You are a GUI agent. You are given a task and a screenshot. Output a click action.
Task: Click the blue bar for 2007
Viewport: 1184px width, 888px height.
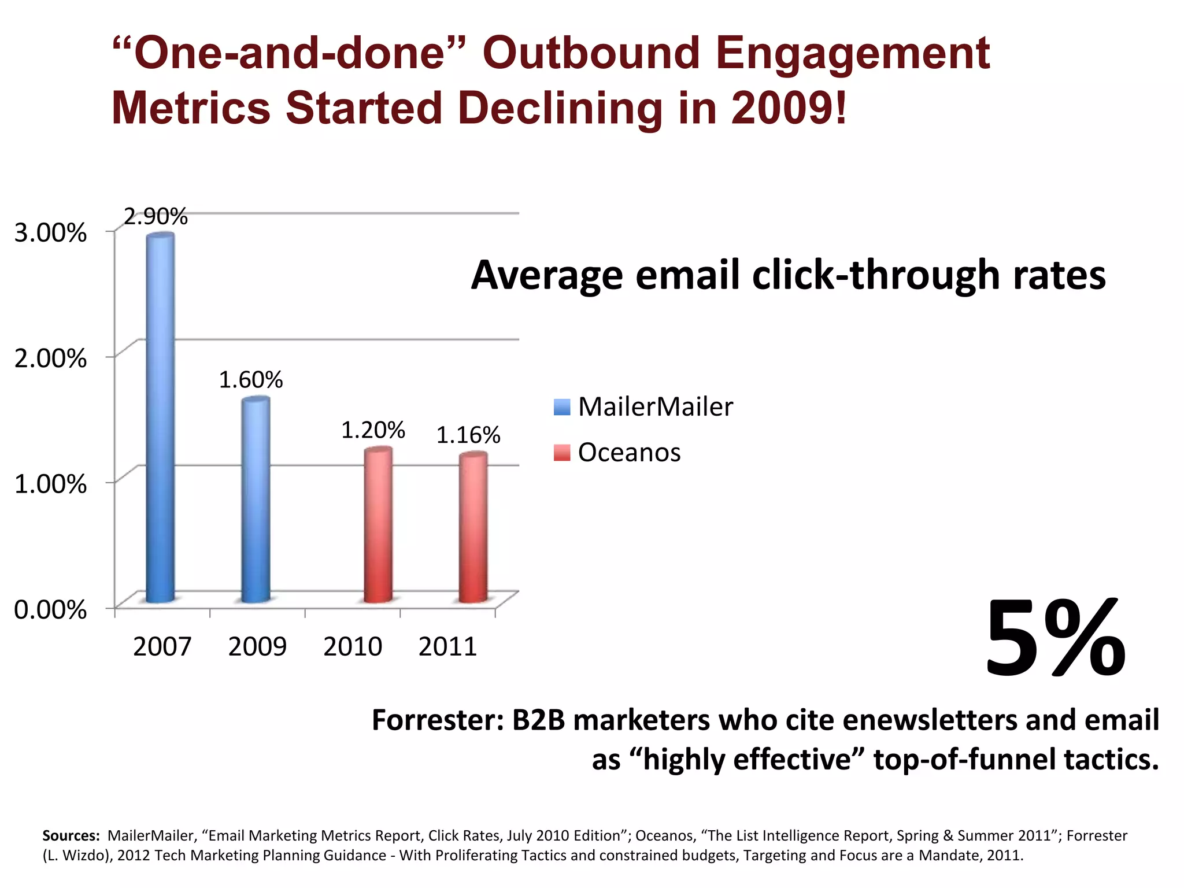(160, 416)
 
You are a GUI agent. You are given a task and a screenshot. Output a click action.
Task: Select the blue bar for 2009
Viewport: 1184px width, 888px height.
(256, 500)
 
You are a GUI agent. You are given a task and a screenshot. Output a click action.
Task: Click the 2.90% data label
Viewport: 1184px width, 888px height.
(156, 217)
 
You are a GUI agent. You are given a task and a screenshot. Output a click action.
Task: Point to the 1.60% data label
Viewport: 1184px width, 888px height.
(251, 380)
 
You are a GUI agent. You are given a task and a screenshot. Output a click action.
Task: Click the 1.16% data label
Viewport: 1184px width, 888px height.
(468, 435)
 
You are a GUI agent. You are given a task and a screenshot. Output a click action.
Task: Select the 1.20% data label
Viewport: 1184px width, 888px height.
(373, 430)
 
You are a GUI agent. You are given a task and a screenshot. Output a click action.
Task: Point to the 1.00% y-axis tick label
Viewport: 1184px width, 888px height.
(50, 483)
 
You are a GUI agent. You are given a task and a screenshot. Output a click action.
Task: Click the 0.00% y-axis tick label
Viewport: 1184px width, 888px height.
(50, 609)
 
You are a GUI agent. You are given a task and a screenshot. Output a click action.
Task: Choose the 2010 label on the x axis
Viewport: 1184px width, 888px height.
(353, 646)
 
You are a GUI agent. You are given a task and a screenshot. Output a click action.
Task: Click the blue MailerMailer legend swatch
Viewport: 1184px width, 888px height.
(562, 407)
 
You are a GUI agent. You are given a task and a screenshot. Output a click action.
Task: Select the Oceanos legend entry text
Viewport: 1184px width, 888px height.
(629, 452)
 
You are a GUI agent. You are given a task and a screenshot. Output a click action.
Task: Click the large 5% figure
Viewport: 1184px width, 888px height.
(1056, 638)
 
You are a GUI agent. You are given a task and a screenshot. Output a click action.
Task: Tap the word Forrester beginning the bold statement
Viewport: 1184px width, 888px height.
(438, 720)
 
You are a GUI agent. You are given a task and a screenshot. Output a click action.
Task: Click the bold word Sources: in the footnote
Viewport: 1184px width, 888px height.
(71, 835)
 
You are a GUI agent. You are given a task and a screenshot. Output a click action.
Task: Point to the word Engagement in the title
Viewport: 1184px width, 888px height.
(852, 53)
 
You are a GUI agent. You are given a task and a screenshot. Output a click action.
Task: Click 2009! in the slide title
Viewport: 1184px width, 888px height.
(789, 108)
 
